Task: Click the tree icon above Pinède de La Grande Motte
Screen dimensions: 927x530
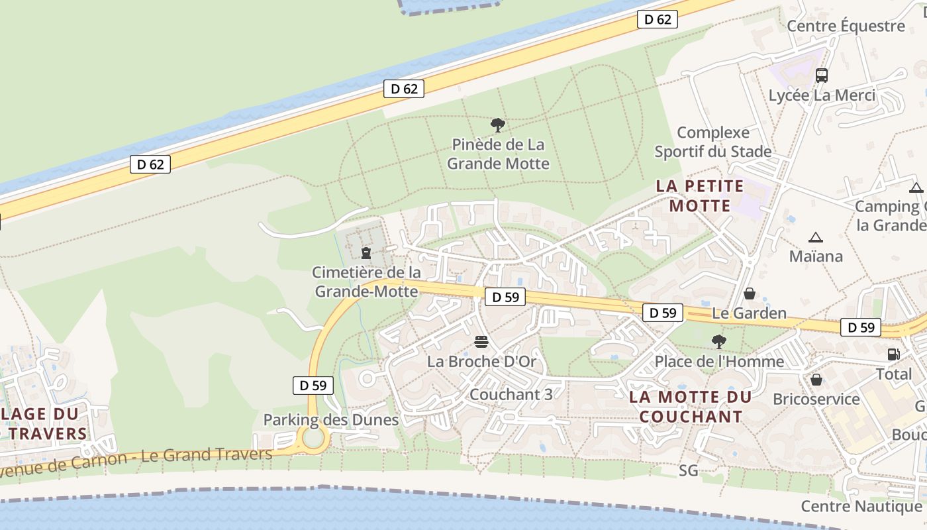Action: tap(498, 125)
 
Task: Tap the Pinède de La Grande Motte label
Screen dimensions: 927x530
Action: tap(498, 154)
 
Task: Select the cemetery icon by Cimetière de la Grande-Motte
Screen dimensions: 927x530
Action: tap(366, 252)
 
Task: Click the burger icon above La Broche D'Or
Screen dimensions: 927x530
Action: tap(481, 342)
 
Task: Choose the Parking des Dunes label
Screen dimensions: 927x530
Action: tap(331, 420)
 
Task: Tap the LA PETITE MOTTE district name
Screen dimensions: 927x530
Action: tap(700, 195)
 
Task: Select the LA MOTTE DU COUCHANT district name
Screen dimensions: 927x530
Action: tap(691, 407)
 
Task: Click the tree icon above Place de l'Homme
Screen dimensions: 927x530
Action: tap(718, 342)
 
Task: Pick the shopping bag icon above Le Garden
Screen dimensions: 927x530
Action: tap(750, 293)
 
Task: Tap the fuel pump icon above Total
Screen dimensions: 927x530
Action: tap(893, 354)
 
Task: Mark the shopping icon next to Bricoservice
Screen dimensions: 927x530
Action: tap(816, 380)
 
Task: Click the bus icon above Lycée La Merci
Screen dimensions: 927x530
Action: tap(822, 75)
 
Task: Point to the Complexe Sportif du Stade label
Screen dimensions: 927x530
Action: tap(713, 142)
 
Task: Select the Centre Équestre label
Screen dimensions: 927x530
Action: tap(846, 26)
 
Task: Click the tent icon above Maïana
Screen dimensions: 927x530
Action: tap(816, 237)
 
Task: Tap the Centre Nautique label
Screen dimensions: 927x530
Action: tap(861, 507)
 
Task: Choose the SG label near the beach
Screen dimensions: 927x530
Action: tap(689, 471)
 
